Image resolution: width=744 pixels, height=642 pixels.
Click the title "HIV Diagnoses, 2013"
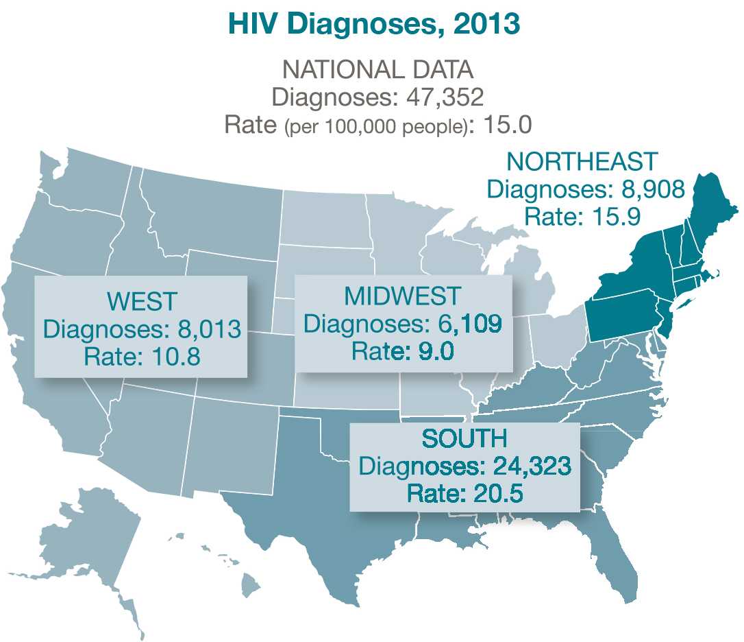(x=373, y=24)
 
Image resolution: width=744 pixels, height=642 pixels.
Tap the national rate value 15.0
(x=508, y=125)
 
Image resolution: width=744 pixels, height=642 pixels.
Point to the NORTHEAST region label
(x=582, y=162)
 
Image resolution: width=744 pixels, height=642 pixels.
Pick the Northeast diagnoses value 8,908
(x=652, y=189)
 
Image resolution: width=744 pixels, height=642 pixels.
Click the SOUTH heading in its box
(x=464, y=438)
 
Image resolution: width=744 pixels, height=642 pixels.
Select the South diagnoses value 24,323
(x=532, y=466)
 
